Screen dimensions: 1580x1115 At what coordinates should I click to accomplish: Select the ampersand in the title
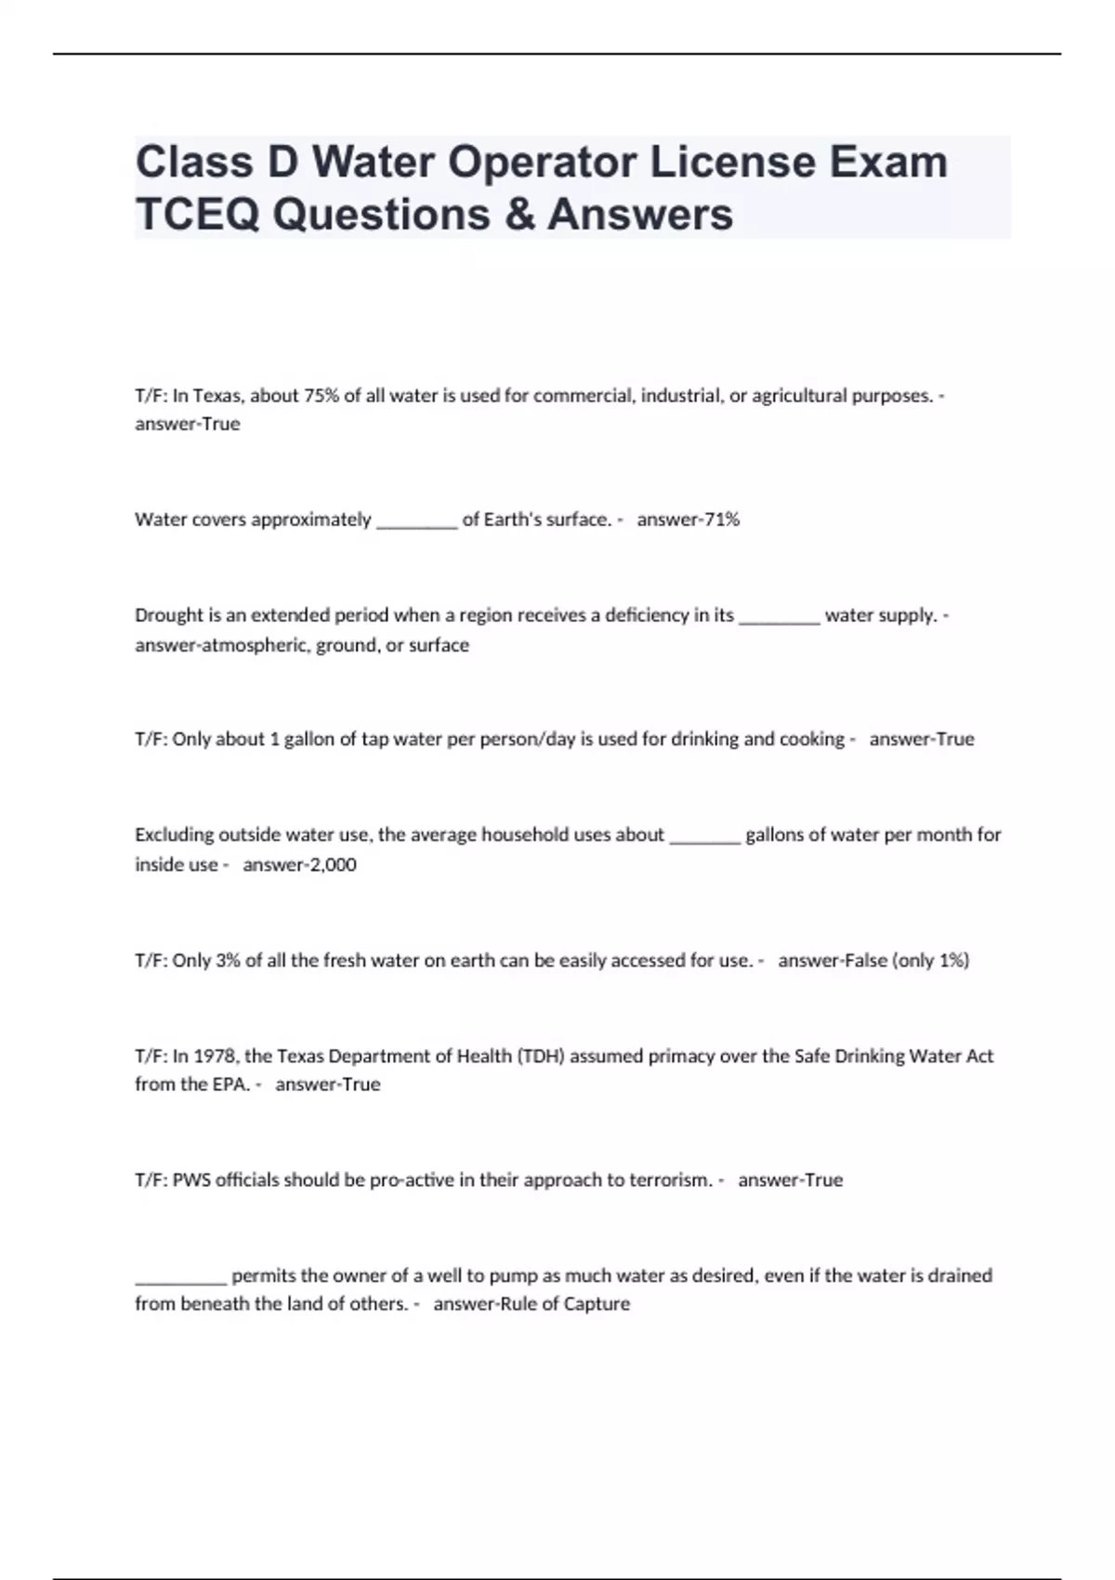pos(518,214)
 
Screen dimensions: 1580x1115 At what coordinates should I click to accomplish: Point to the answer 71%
pos(721,520)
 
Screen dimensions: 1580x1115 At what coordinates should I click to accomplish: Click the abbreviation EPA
pos(231,1085)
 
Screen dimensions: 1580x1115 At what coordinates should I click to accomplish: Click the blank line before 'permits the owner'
pos(181,1280)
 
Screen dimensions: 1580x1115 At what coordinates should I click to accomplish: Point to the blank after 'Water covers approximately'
pos(416,524)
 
